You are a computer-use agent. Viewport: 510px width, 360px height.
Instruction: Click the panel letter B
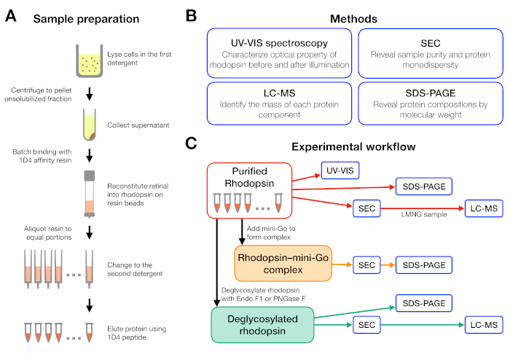tap(191, 15)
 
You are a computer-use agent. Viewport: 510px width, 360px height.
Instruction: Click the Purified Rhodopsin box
tap(249, 190)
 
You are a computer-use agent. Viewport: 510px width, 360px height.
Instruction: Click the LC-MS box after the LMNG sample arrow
tap(484, 208)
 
